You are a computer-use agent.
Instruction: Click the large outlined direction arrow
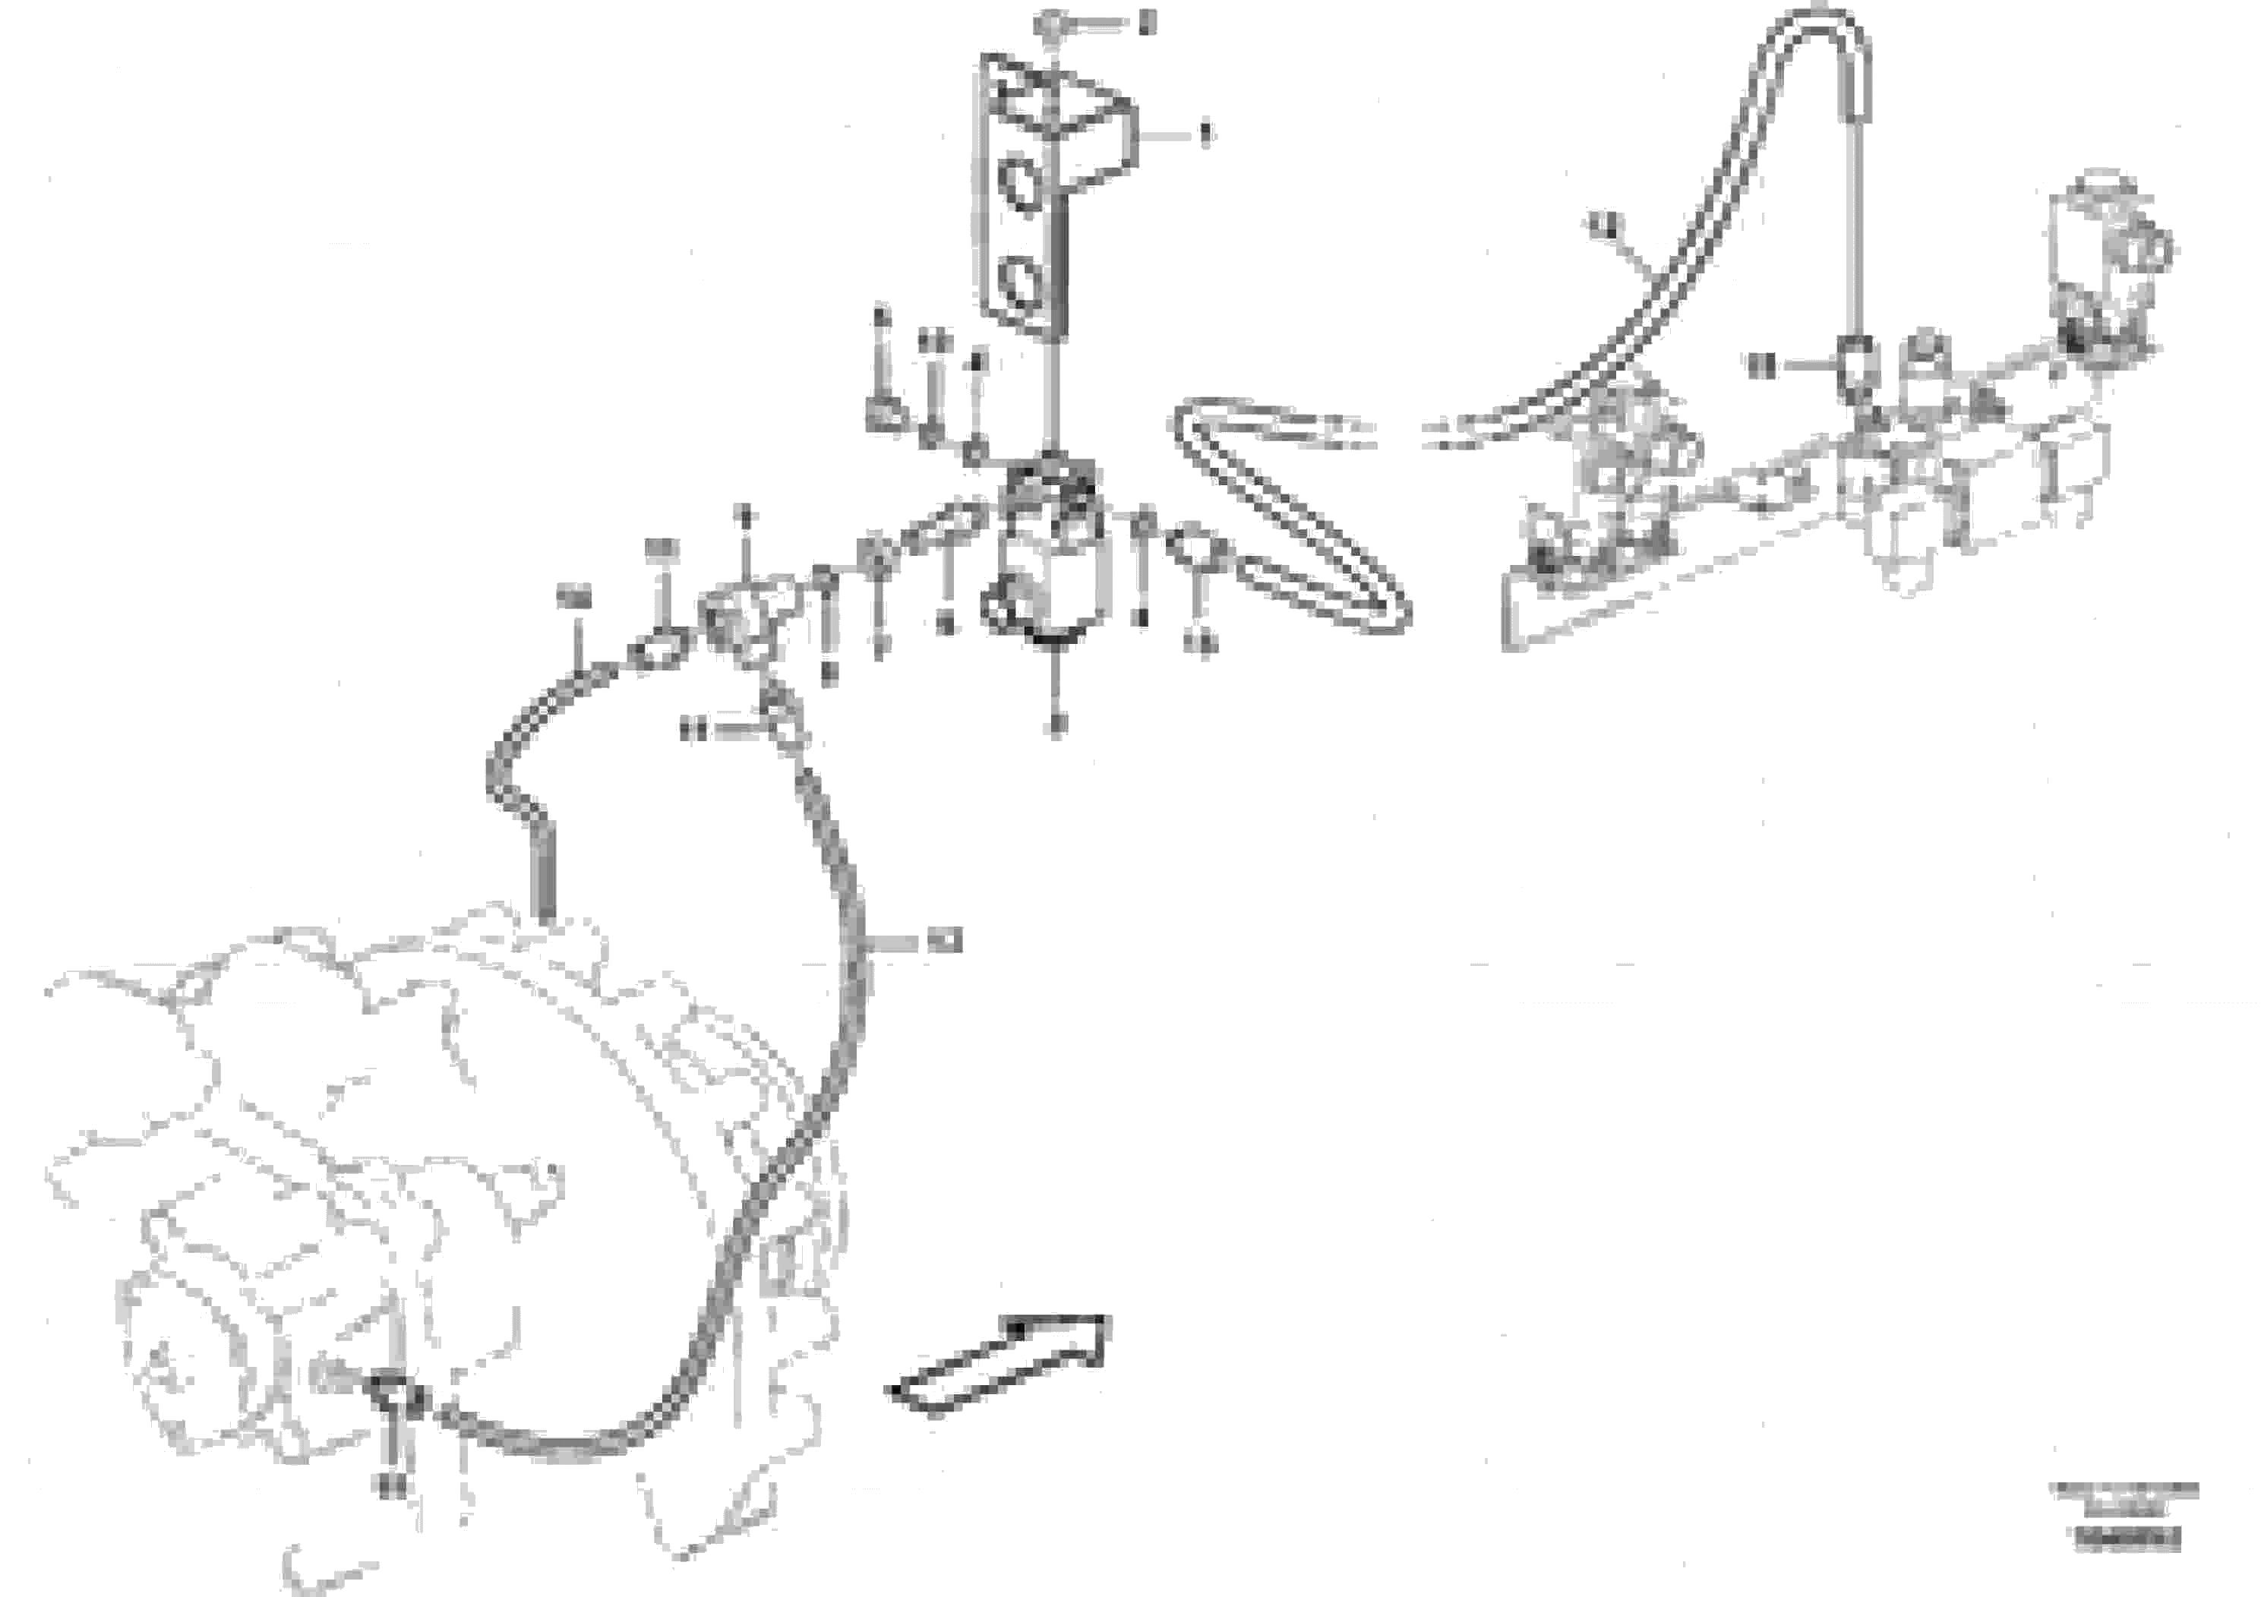point(999,1365)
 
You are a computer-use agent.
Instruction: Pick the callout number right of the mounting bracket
point(1202,133)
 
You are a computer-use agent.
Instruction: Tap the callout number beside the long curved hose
point(943,942)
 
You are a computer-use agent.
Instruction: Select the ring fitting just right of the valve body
point(1196,552)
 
